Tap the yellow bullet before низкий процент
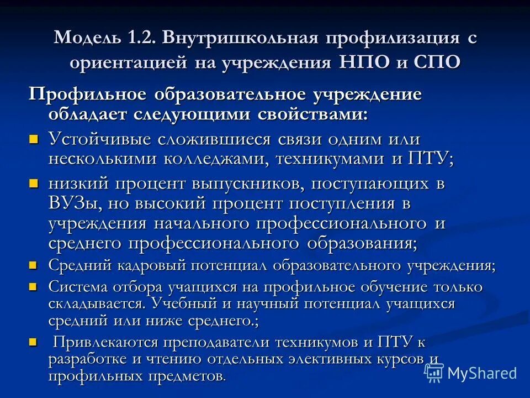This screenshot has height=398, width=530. pyautogui.click(x=34, y=182)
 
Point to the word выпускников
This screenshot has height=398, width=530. pyautogui.click(x=251, y=183)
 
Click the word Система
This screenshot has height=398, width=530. pyautogui.click(x=79, y=287)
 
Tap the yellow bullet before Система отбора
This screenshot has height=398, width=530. pyautogui.click(x=34, y=287)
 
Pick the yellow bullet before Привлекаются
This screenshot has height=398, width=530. pyautogui.click(x=34, y=342)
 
